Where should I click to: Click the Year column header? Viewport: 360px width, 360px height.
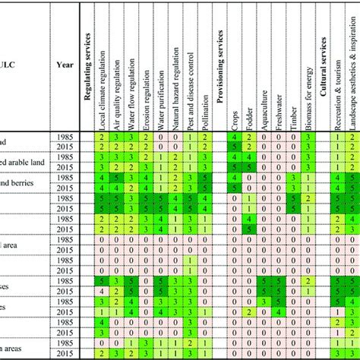pyautogui.click(x=65, y=65)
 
